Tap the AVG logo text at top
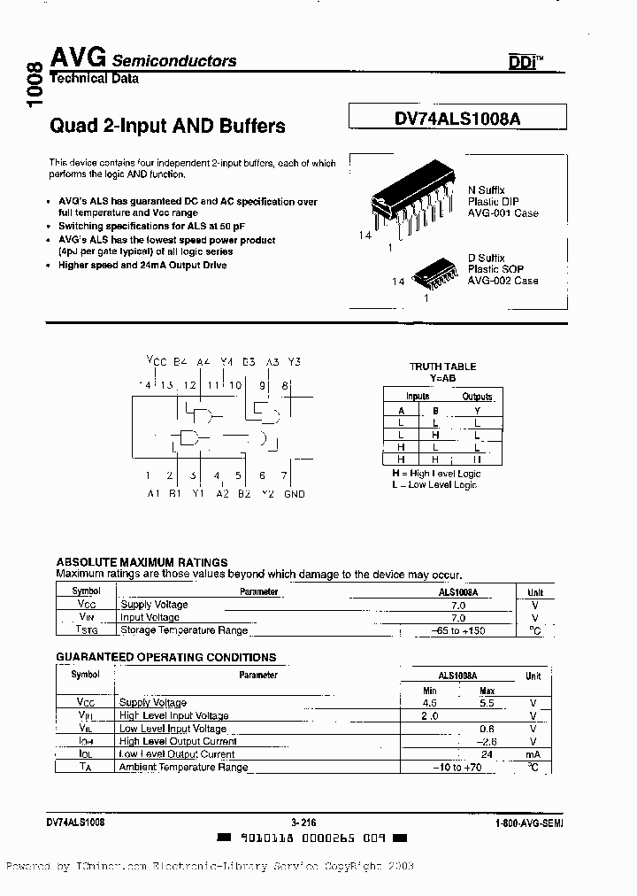coord(78,58)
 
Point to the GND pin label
coord(295,493)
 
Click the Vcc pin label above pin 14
coord(156,361)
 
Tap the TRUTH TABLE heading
coord(442,367)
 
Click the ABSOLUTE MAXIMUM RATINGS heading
coord(142,562)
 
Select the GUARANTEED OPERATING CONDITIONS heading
coord(166,657)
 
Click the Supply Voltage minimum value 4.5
coord(430,703)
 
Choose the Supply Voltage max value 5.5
coord(486,703)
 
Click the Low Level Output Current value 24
coord(486,754)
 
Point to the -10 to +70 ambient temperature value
coord(457,768)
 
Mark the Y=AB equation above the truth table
coord(442,377)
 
